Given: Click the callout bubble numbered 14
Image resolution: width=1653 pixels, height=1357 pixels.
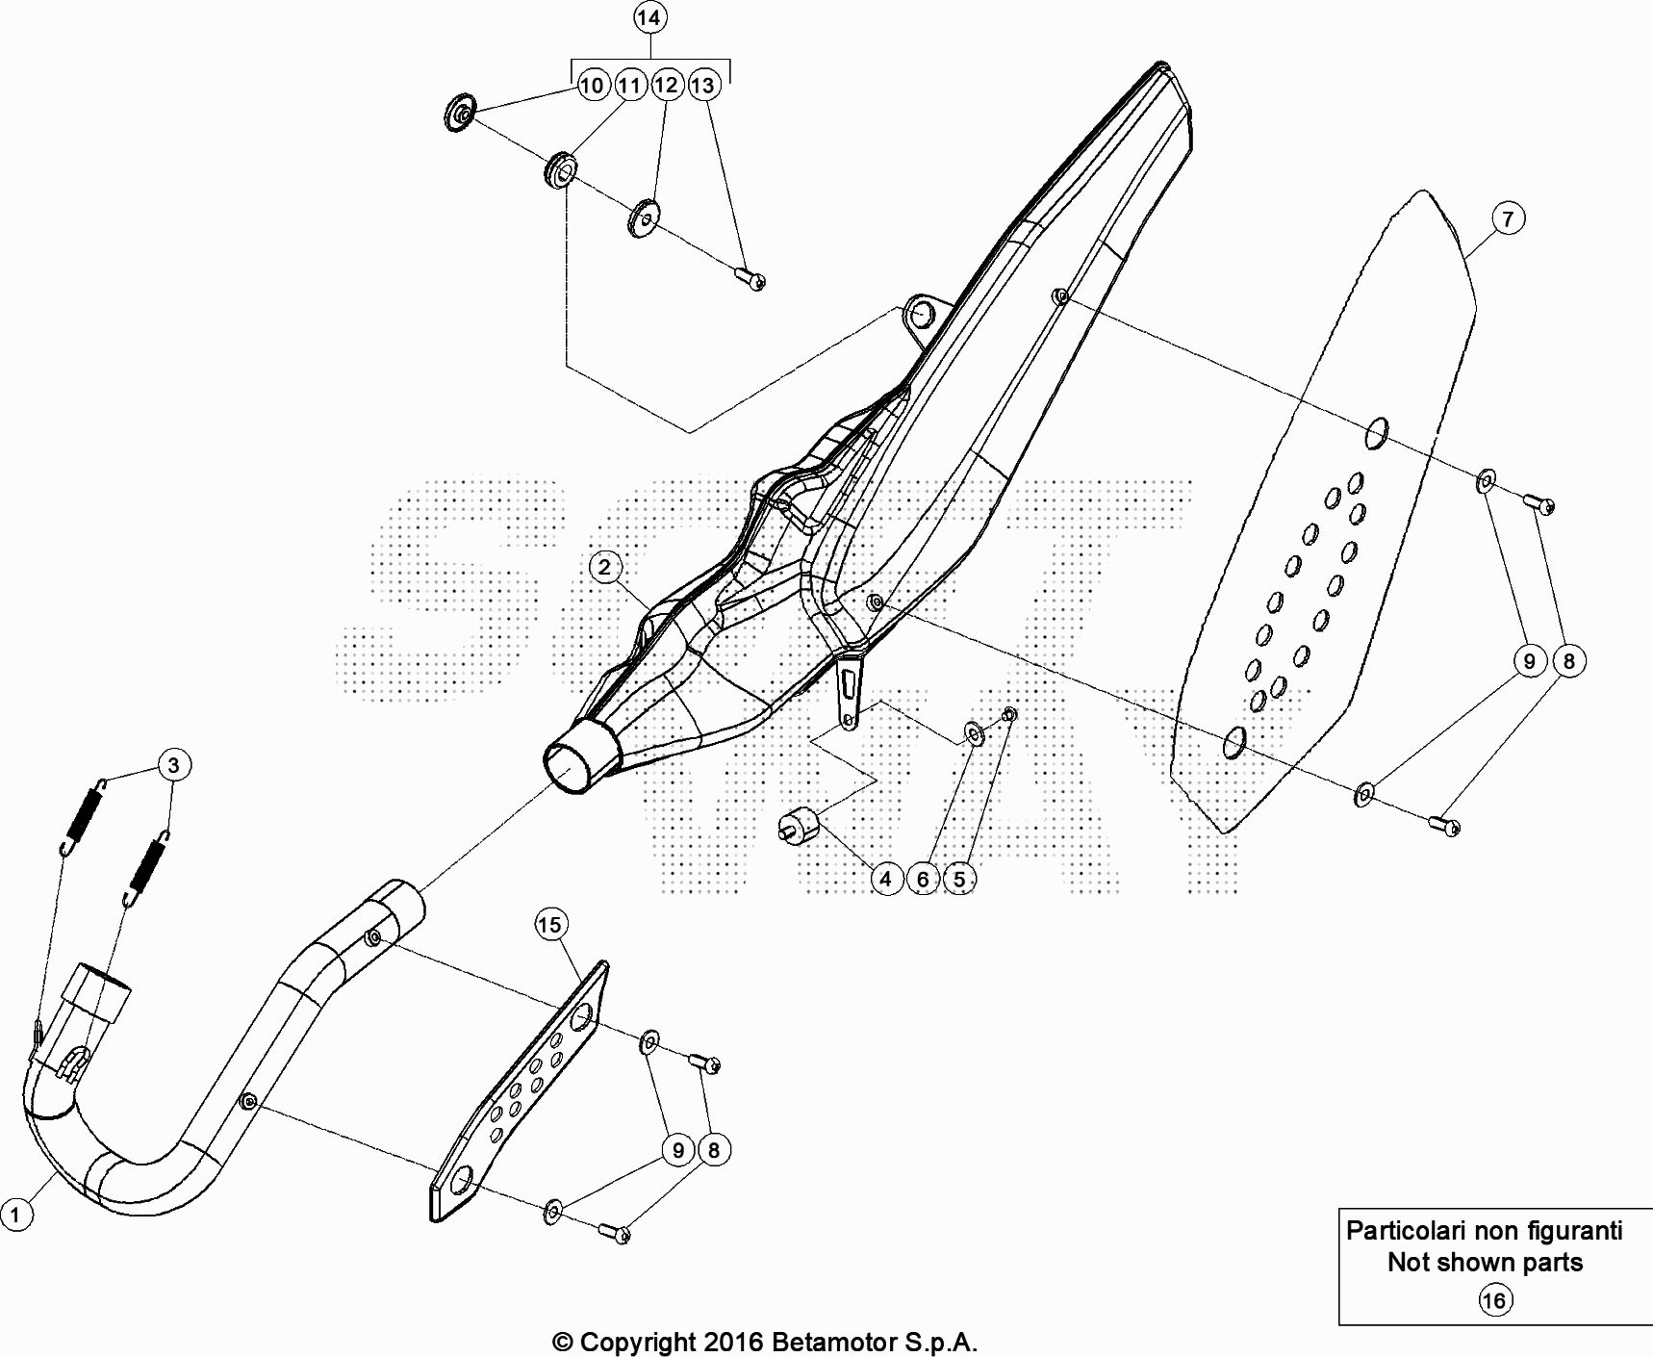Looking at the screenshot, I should pyautogui.click(x=648, y=17).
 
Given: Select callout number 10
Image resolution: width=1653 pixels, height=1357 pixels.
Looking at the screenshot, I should pyautogui.click(x=592, y=85).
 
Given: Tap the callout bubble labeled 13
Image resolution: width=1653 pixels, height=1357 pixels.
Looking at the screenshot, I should pyautogui.click(x=703, y=85).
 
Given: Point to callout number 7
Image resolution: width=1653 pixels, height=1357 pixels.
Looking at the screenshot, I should pyautogui.click(x=1507, y=218).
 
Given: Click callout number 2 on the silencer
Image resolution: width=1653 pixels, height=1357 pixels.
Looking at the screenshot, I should pyautogui.click(x=604, y=566).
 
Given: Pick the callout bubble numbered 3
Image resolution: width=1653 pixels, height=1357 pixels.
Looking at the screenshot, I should pyautogui.click(x=173, y=765).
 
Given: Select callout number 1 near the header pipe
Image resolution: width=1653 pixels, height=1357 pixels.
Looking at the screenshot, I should pyautogui.click(x=15, y=1214).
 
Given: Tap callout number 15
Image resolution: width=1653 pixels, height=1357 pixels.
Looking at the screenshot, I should pyautogui.click(x=549, y=925).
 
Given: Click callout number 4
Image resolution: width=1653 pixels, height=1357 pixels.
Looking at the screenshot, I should pyautogui.click(x=885, y=878).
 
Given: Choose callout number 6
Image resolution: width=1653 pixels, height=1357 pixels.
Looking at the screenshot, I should pyautogui.click(x=923, y=878).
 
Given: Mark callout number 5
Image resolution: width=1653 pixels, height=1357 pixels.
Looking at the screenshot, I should pyautogui.click(x=959, y=878).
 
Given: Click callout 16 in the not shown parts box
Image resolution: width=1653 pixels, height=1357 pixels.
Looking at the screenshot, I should pyautogui.click(x=1493, y=1301).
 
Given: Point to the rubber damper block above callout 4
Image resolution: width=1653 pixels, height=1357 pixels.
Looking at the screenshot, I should pyautogui.click(x=798, y=824).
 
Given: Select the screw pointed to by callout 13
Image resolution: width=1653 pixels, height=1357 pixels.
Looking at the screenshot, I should pyautogui.click(x=750, y=278).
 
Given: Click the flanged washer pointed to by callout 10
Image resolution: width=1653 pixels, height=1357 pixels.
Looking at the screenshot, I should pyautogui.click(x=460, y=114).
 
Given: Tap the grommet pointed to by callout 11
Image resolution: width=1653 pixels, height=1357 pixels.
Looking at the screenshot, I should pyautogui.click(x=561, y=171).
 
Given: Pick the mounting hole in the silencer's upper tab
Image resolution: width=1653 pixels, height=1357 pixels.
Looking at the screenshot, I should pyautogui.click(x=923, y=312).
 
